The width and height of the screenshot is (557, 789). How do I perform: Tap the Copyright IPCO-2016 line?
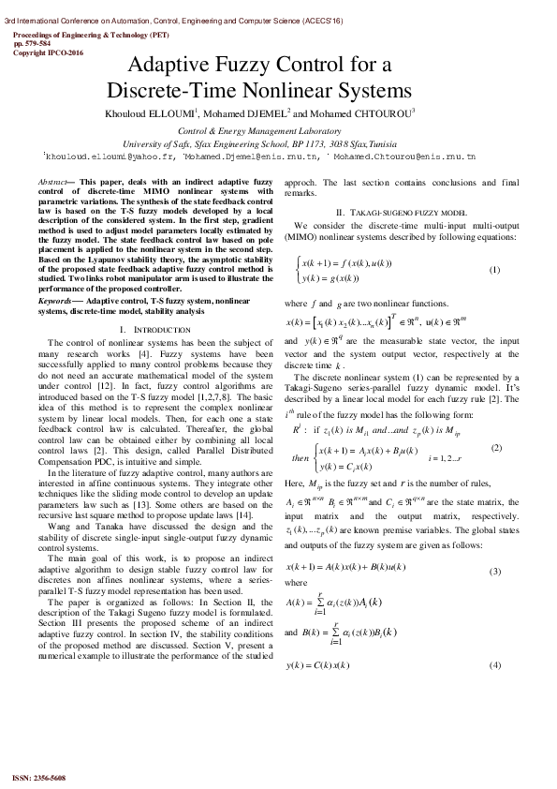coord(48,52)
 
